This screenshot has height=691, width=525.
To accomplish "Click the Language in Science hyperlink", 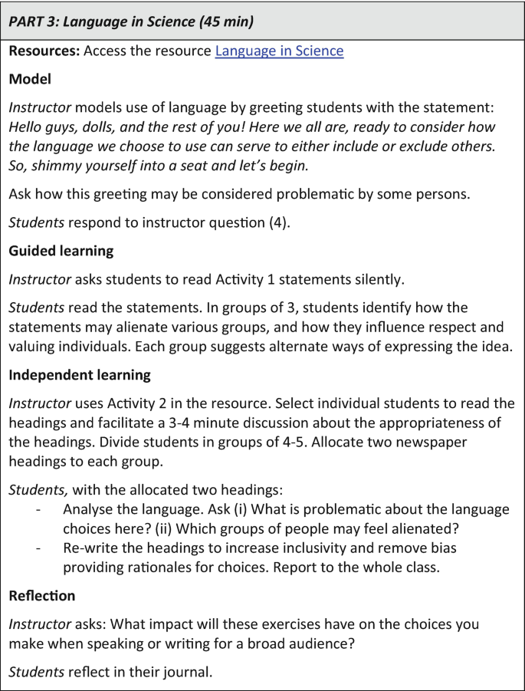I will click(x=279, y=51).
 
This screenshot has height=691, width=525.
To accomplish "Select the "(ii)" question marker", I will click(x=289, y=528).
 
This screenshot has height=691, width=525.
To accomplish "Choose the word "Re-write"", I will click(x=90, y=548).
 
